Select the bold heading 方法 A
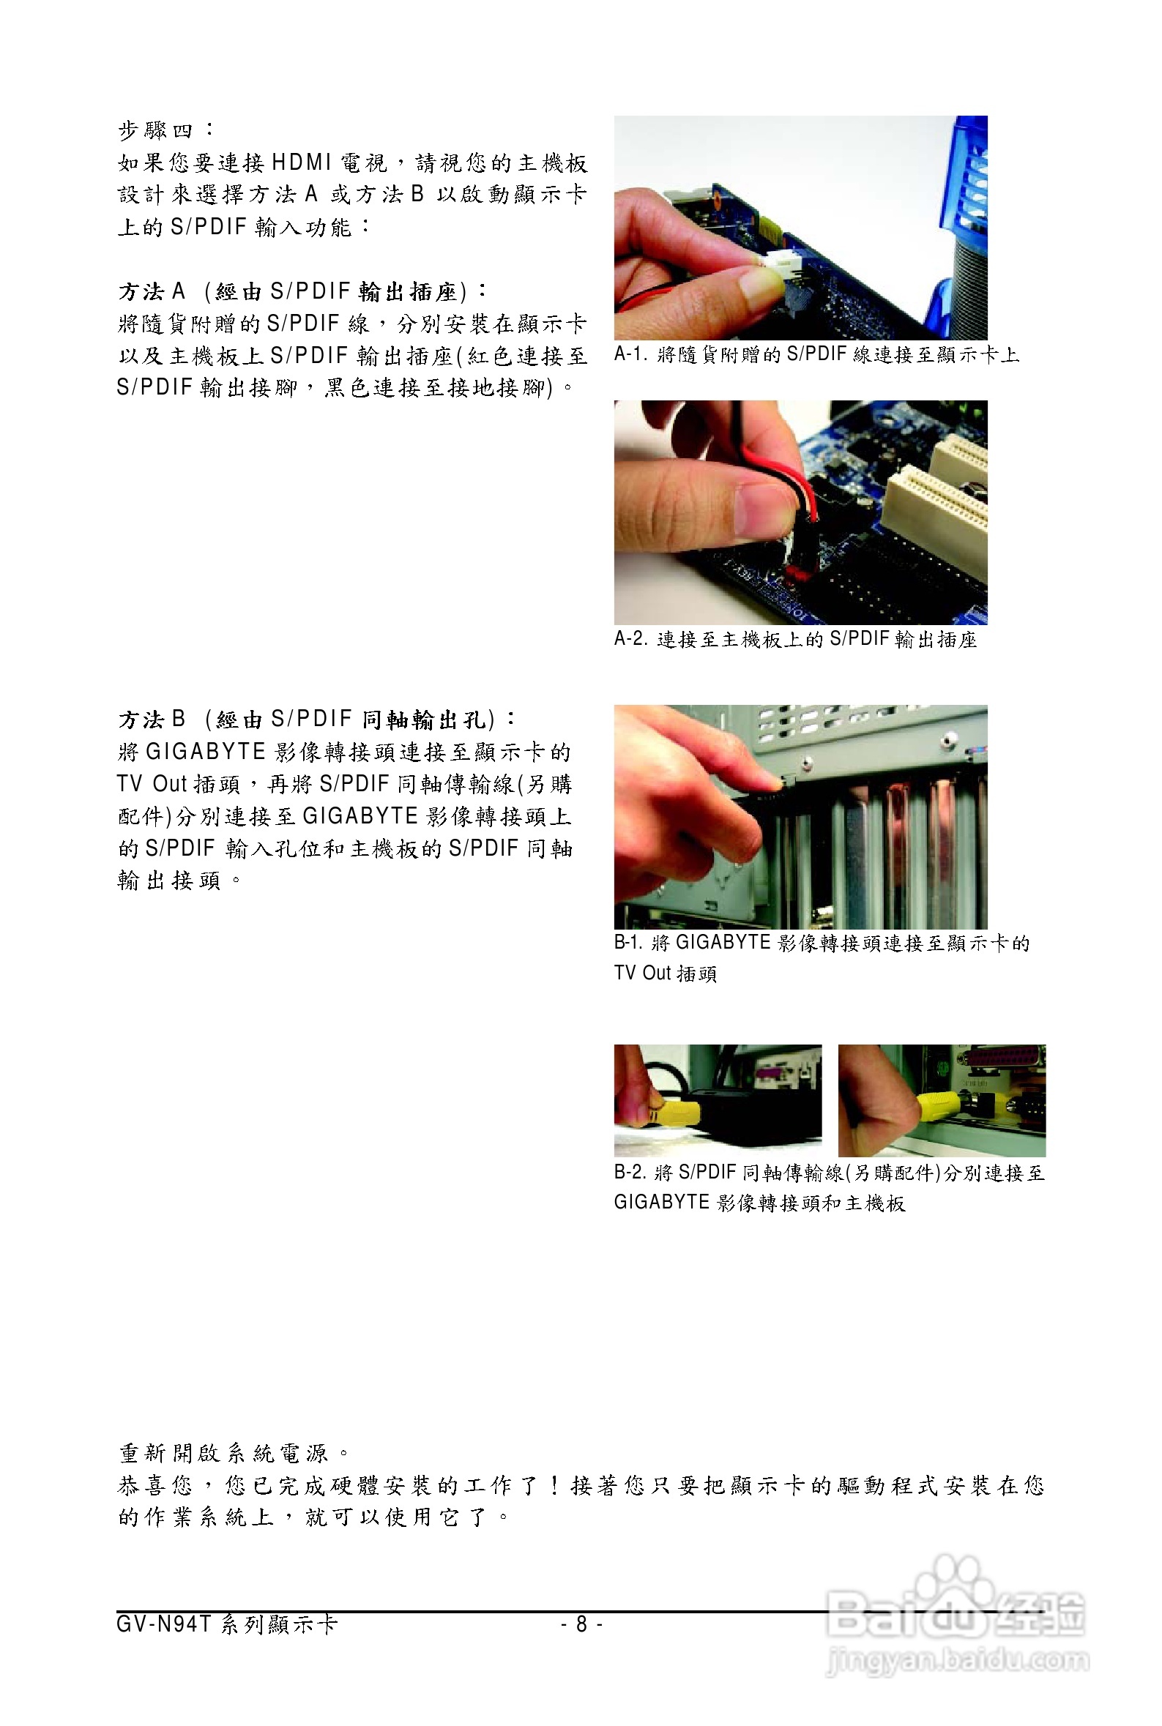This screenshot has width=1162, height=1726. click(152, 292)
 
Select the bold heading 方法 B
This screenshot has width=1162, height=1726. click(152, 720)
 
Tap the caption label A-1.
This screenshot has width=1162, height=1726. click(630, 355)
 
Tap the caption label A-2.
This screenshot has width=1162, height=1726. click(630, 639)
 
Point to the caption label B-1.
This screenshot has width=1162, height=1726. click(628, 943)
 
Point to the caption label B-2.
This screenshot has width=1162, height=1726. click(630, 1173)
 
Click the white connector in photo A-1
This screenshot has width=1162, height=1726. click(783, 261)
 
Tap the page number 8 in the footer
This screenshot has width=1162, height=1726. click(582, 1624)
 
